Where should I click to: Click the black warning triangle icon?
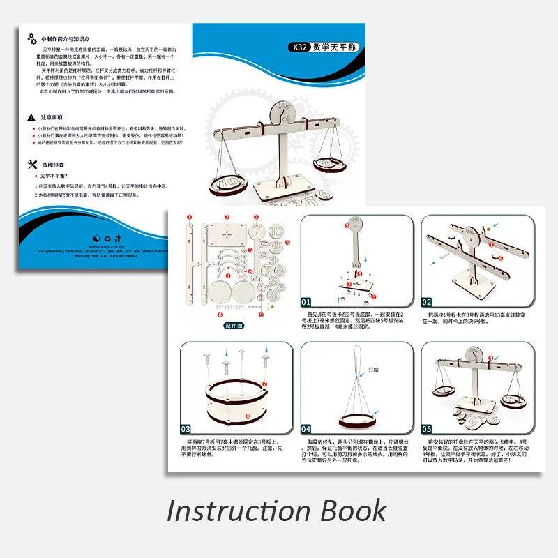pyautogui.click(x=31, y=118)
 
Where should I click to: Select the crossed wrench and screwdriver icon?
pyautogui.click(x=31, y=165)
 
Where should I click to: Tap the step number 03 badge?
pyautogui.click(x=186, y=429)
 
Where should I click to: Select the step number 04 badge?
pyautogui.click(x=307, y=429)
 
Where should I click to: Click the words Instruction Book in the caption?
pyautogui.click(x=276, y=510)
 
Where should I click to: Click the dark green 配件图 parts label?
pyautogui.click(x=234, y=325)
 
